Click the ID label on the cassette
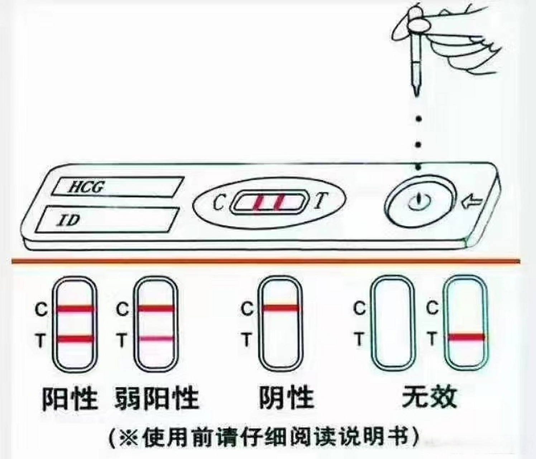coord(69,220)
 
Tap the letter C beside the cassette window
coord(218,203)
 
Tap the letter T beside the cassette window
coord(319,201)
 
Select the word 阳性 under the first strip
coord(70,398)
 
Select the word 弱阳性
coord(157,398)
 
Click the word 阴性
coord(286,397)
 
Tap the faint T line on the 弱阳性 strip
coord(156,339)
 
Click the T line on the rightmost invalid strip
coord(466,337)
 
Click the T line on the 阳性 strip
coord(75,339)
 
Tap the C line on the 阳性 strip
coord(75,308)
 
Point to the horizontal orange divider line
coord(265,261)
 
